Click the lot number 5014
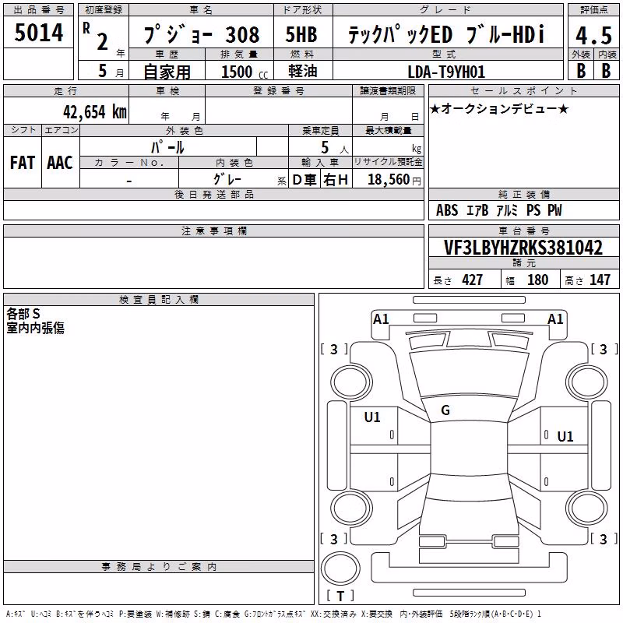pos(39,32)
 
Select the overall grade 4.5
pos(593,35)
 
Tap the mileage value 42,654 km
pos(94,111)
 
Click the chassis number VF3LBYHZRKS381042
pos(523,248)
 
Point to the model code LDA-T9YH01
pos(446,72)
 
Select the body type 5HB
pos(301,34)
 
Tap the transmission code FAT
pos(23,163)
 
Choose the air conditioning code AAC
pos(60,163)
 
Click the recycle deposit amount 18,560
pos(389,179)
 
